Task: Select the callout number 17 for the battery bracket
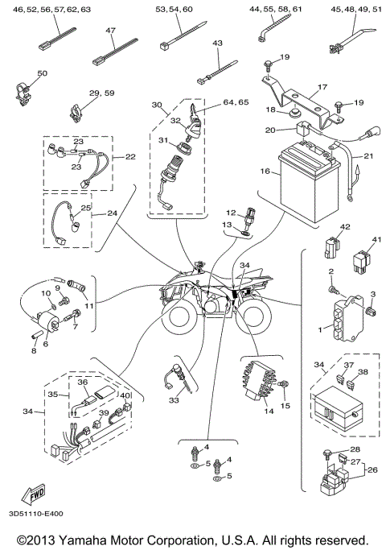click(x=322, y=88)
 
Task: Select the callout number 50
click(x=43, y=73)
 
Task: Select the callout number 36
click(x=82, y=381)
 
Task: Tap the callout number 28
click(x=355, y=449)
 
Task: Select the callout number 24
click(x=113, y=213)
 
